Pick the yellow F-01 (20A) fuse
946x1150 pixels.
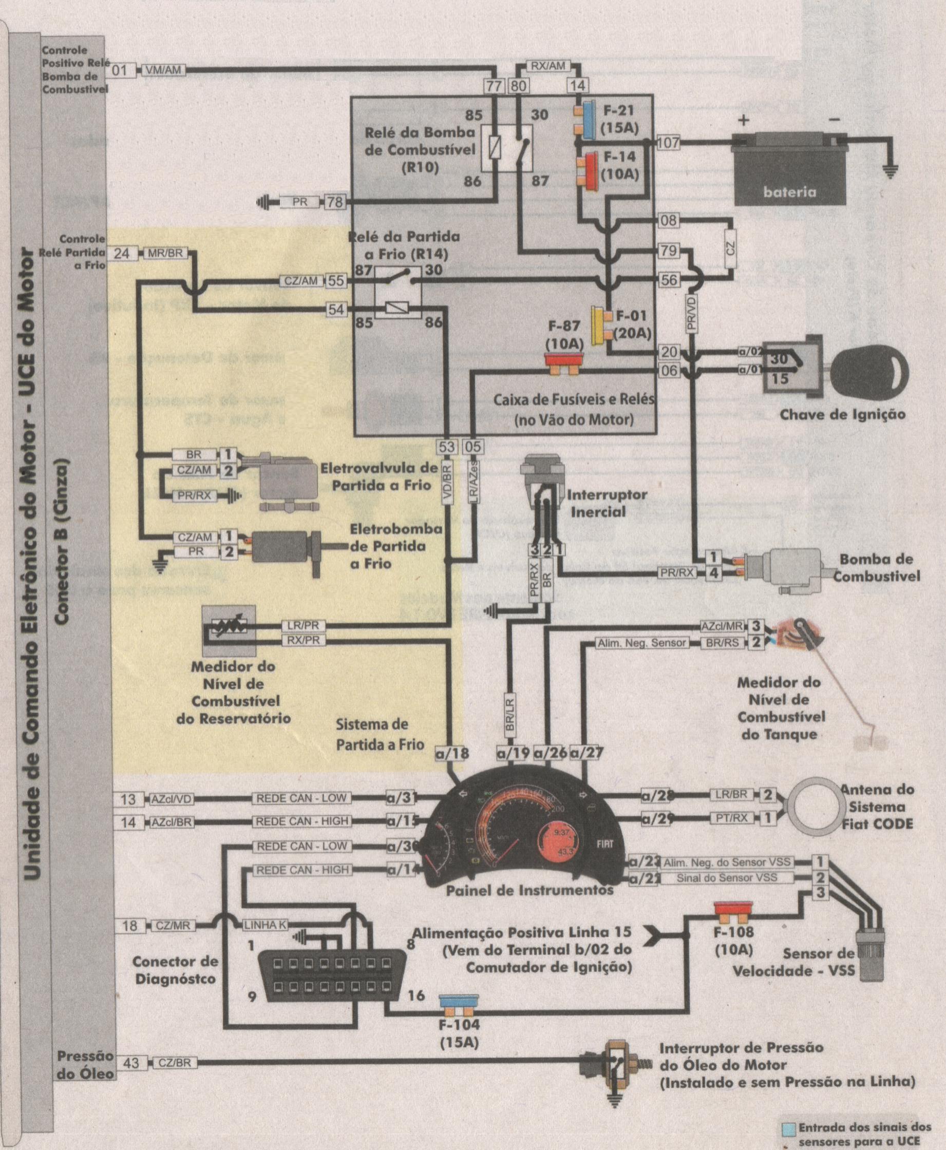point(598,324)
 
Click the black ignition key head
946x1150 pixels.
point(874,374)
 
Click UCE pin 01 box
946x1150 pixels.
point(119,70)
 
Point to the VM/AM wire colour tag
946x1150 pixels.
point(164,70)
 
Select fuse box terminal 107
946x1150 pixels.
point(668,143)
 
